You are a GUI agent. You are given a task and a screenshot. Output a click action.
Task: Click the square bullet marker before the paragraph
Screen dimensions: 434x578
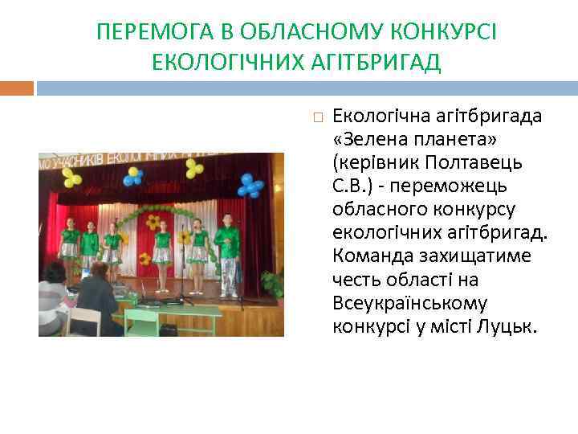point(318,117)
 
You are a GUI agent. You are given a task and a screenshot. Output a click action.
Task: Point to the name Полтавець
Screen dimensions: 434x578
point(481,162)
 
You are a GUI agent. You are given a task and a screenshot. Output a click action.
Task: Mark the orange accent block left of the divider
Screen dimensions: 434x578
point(17,88)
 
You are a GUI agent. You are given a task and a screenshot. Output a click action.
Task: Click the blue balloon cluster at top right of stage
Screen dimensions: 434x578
point(250,186)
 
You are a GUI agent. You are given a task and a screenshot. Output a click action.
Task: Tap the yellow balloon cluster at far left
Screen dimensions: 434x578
point(71,177)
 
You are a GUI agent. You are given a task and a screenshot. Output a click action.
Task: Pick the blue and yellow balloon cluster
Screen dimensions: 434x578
point(132,176)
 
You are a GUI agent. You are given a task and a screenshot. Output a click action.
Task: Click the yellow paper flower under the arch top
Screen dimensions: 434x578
point(153,221)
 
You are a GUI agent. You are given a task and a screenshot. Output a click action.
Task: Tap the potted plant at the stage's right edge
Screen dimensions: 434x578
point(273,284)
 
